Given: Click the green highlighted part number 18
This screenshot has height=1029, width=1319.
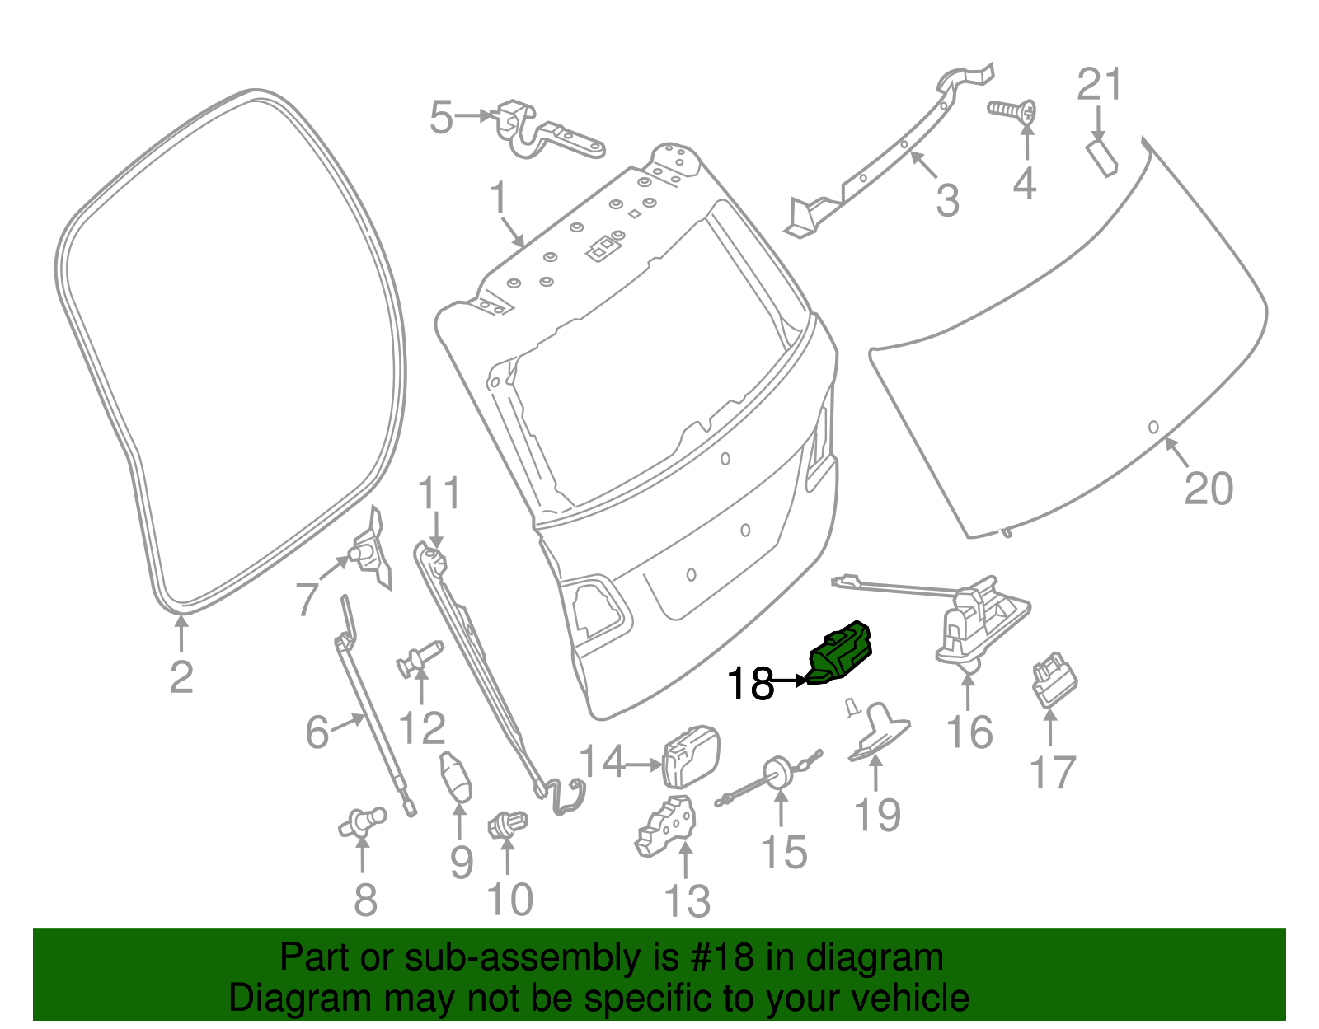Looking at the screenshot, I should [x=841, y=652].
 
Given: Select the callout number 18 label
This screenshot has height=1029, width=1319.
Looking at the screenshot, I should [x=750, y=683].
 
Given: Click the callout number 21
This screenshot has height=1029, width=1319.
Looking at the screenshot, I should [x=1100, y=85].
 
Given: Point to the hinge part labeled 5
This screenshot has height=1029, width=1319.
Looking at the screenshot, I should [x=548, y=133].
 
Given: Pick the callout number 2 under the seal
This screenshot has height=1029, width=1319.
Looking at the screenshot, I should [x=181, y=677].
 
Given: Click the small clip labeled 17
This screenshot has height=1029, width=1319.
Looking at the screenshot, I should [x=1055, y=681].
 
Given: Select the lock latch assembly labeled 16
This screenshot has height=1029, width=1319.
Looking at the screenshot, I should [x=981, y=621].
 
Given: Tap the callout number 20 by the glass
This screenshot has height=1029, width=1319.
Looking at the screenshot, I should [x=1209, y=488].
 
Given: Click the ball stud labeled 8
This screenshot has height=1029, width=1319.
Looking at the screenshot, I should [x=363, y=821].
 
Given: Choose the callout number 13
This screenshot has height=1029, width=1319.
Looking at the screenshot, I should [x=687, y=900].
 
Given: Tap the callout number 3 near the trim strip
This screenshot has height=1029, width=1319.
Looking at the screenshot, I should [x=948, y=200].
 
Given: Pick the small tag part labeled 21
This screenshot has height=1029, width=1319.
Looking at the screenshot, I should [x=1101, y=157].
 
